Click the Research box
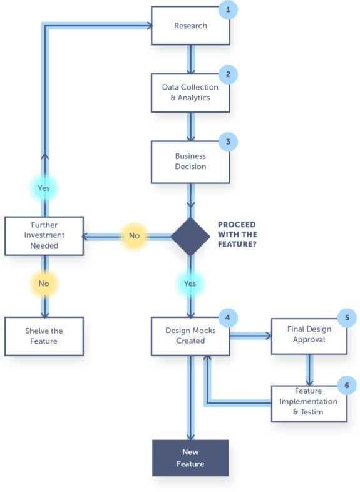190,26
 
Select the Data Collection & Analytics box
190,93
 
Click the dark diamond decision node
190,237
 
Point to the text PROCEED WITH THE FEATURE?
237,237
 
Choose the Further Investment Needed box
44,236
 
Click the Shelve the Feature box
44,336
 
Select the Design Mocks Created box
190,336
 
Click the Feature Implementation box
309,402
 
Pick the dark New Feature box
190,458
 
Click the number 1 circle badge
228,9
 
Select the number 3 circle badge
228,141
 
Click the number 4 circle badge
228,318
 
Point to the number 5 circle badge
346,318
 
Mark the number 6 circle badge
346,384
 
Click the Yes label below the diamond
190,284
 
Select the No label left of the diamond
134,237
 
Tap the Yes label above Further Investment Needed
44,187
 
